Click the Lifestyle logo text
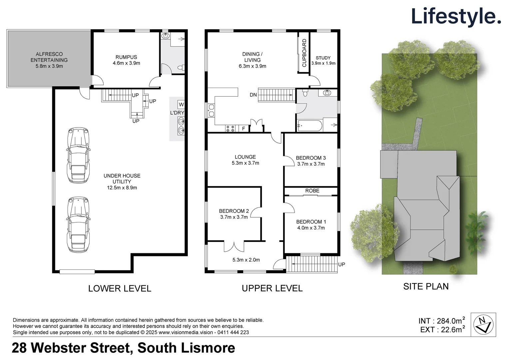tap(456, 16)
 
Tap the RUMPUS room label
tap(126, 57)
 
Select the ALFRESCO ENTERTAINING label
tap(49, 57)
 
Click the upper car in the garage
tap(79, 155)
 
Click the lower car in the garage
tap(79, 224)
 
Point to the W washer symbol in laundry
tap(181, 105)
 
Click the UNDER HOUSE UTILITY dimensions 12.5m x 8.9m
tap(122, 188)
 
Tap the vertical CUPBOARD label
tap(304, 53)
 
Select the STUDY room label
tap(323, 58)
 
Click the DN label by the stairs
tap(253, 95)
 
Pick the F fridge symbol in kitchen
tap(244, 129)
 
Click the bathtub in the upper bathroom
tap(310, 126)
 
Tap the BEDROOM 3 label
tap(310, 158)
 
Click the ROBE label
tap(312, 191)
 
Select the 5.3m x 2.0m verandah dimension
tap(246, 260)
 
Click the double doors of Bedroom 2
tap(234, 246)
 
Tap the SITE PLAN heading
tap(426, 286)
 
